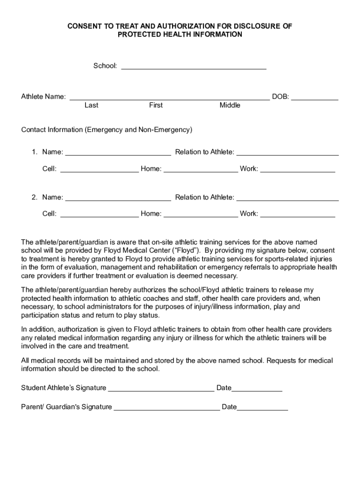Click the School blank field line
coord(194,68)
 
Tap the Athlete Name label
coord(43,97)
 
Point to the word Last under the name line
coord(91,105)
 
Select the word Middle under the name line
coord(230,105)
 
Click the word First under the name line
coord(156,105)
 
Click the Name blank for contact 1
coord(118,153)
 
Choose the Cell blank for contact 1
coord(99,171)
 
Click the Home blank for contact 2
coord(201,216)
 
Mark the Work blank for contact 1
coord(297,171)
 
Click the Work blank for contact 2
coord(297,216)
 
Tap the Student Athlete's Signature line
coord(161,390)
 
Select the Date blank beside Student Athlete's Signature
coord(257,390)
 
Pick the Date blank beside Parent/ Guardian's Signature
coord(262,409)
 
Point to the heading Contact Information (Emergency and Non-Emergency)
coord(107,130)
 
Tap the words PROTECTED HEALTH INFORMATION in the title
coord(180,35)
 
